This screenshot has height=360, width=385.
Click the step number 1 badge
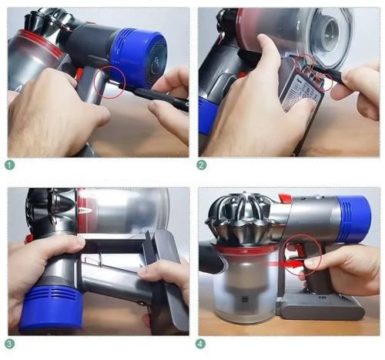tap(10, 164)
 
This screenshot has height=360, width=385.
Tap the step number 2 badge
tap(203, 164)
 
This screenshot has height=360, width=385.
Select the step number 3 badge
tap(10, 343)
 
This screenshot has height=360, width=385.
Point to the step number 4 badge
tap(203, 343)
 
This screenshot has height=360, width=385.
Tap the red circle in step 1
tap(110, 82)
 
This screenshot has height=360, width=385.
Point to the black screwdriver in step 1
tap(158, 97)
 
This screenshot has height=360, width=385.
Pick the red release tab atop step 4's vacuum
tap(284, 199)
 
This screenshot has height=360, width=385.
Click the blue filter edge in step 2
tap(206, 116)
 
